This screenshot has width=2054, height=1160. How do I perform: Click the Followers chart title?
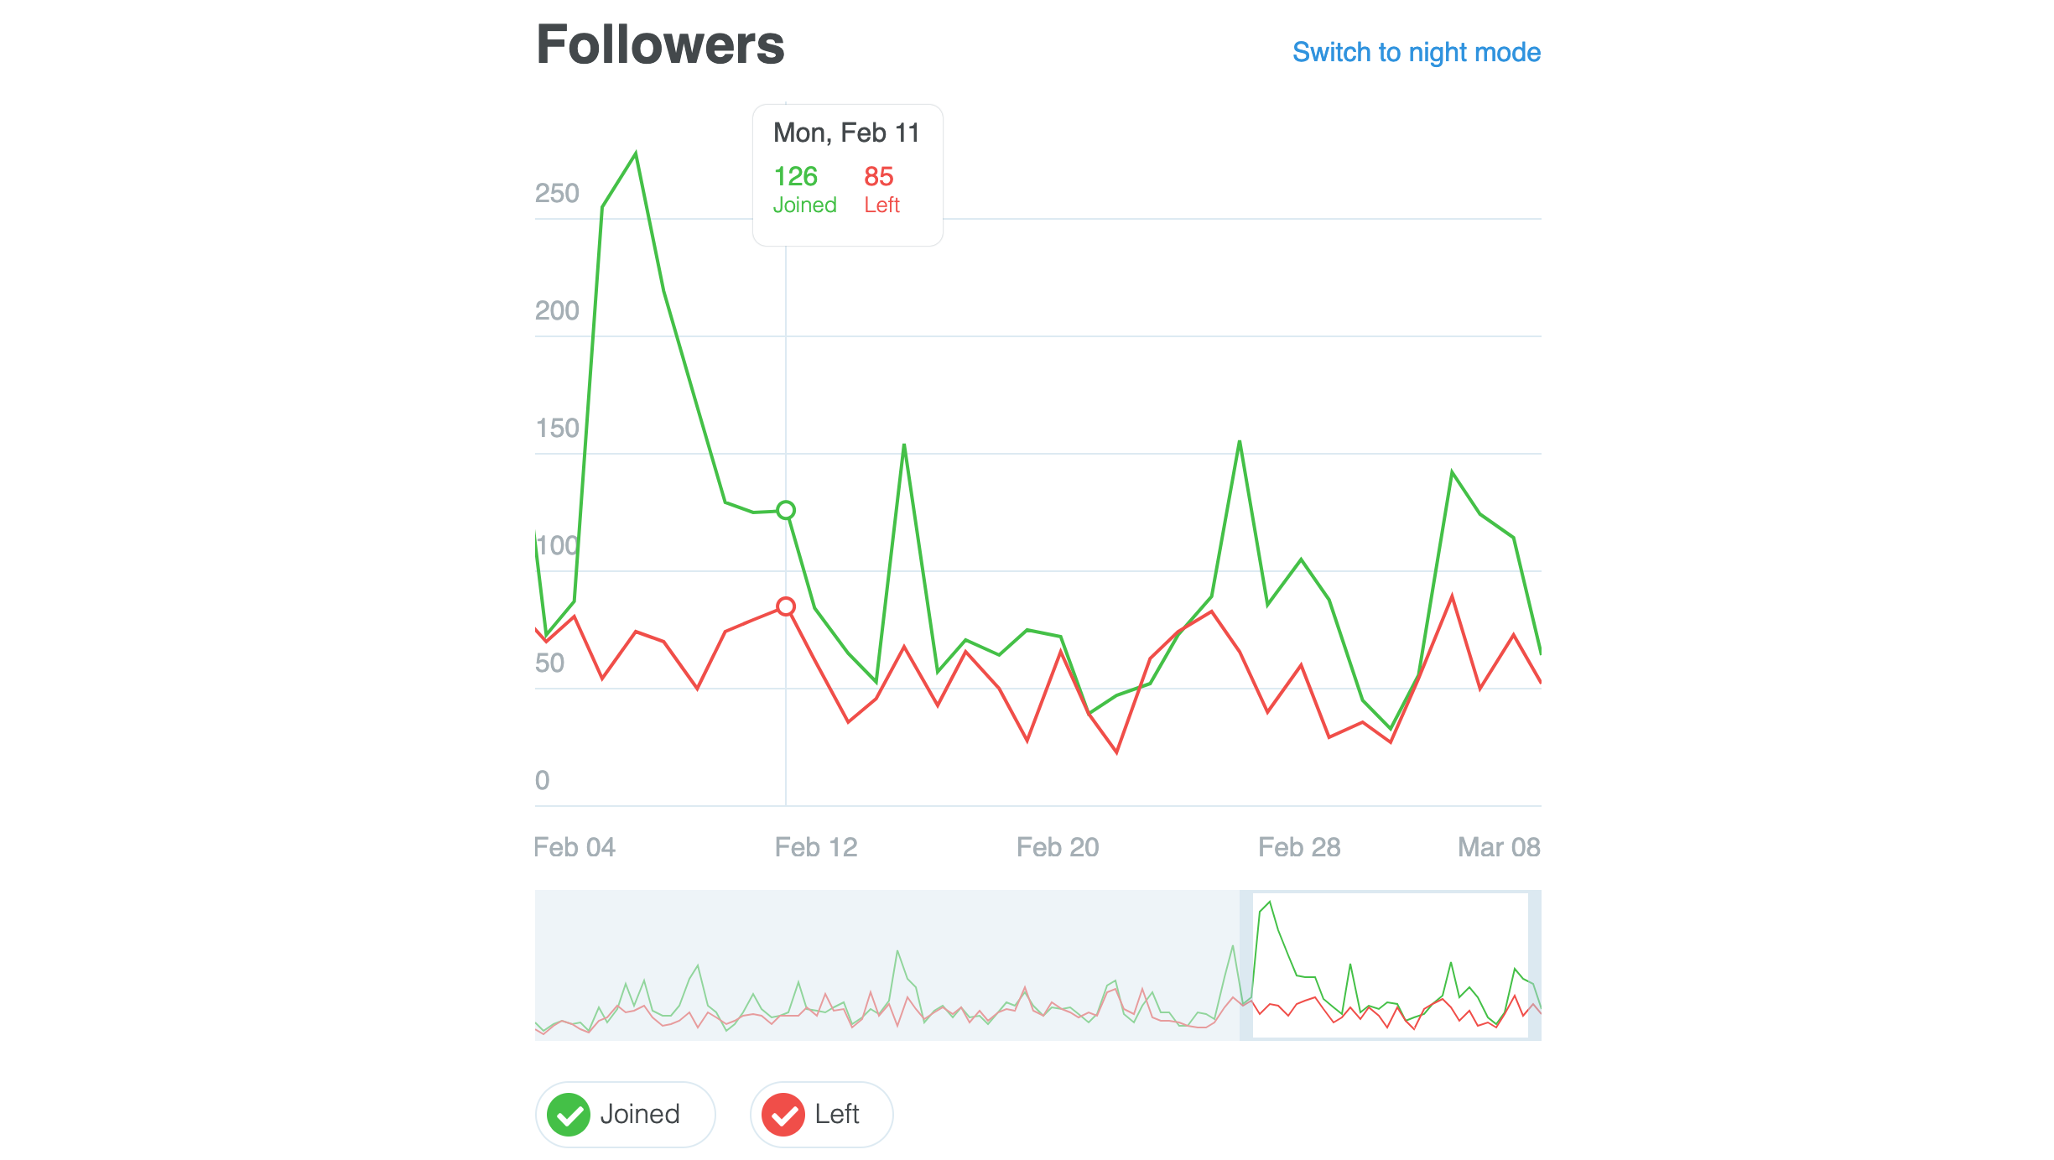660,45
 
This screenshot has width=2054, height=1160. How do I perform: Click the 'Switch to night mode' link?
1416,52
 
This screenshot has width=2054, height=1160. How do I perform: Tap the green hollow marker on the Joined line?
786,510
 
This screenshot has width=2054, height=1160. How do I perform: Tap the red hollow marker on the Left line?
786,606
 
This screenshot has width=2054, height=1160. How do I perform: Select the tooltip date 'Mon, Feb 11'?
846,133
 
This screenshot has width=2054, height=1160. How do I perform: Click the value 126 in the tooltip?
795,176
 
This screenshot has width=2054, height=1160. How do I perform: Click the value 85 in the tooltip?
878,176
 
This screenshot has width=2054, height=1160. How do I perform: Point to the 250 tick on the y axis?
557,194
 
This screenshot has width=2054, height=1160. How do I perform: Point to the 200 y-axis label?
557,311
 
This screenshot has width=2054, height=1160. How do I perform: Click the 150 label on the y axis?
557,429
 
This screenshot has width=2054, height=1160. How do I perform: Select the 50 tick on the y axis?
549,663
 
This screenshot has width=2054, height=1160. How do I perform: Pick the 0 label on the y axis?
543,781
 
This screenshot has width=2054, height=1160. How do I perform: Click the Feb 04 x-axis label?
575,847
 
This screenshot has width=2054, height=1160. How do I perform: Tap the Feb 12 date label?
816,847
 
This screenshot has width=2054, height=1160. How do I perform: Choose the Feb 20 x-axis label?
1058,847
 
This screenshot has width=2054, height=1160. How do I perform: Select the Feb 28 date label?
1299,847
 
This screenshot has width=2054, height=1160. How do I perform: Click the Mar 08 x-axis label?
1499,847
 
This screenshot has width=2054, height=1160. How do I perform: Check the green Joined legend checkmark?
569,1115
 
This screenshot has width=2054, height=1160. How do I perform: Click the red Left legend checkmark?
783,1115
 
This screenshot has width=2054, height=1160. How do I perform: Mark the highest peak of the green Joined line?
636,153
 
